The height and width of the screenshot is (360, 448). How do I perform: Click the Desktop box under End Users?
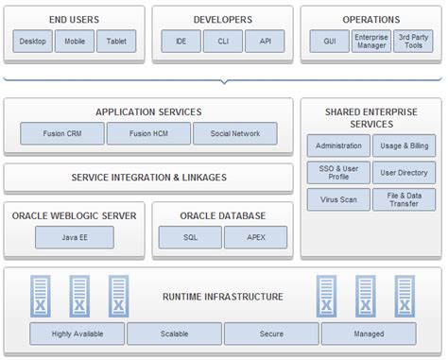coord(32,42)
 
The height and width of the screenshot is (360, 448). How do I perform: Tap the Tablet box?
coord(115,42)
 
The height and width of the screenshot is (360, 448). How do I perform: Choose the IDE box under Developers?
coord(181,42)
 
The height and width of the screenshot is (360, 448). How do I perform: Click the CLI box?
coord(222,42)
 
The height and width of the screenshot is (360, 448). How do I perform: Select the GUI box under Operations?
coord(329,42)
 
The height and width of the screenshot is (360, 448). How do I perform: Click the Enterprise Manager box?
coord(370,42)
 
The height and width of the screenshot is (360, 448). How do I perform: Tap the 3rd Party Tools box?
coord(412,42)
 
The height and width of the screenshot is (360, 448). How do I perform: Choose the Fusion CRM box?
coord(60,133)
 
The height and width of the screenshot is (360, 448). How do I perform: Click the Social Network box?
coord(234,133)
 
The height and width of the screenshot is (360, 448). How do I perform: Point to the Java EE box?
coord(74,236)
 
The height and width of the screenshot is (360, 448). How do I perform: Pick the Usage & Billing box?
coord(404,146)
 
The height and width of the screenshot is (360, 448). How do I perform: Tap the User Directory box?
coord(404,173)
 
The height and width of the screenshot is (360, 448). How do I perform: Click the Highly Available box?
coord(77,334)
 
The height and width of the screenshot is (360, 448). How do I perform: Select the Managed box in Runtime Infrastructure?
coord(369,334)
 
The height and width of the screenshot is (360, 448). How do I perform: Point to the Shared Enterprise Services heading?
coord(370,117)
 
